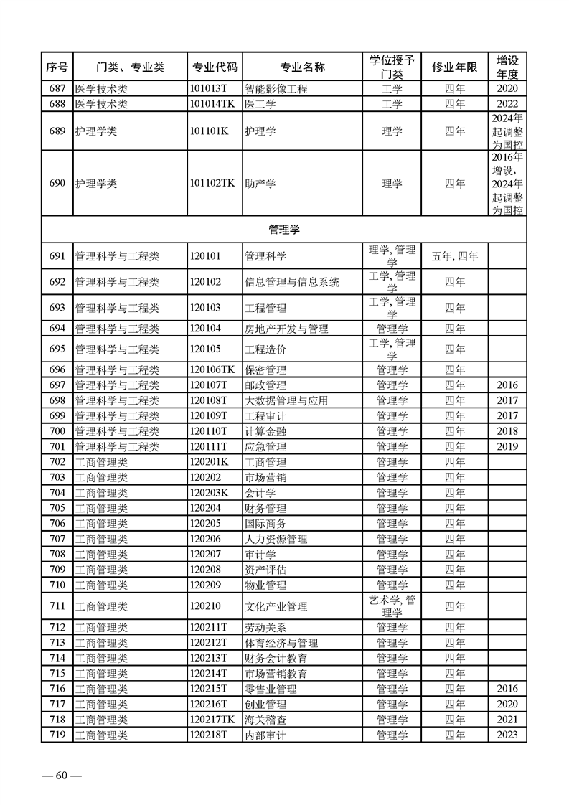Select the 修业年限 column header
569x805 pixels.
coord(454,67)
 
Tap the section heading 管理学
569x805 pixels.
coord(284,230)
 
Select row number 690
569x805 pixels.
coord(57,183)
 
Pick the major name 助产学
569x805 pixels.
coord(260,183)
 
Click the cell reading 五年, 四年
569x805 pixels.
coord(454,255)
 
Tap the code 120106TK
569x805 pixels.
coord(212,370)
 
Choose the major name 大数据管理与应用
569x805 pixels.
coord(286,400)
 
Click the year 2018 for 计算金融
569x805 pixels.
coord(507,431)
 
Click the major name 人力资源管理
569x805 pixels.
coord(276,539)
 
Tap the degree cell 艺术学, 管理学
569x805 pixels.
coord(392,606)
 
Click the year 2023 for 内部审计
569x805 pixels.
coord(507,735)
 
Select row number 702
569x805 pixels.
coord(57,462)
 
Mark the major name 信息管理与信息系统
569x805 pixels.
coord(291,282)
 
